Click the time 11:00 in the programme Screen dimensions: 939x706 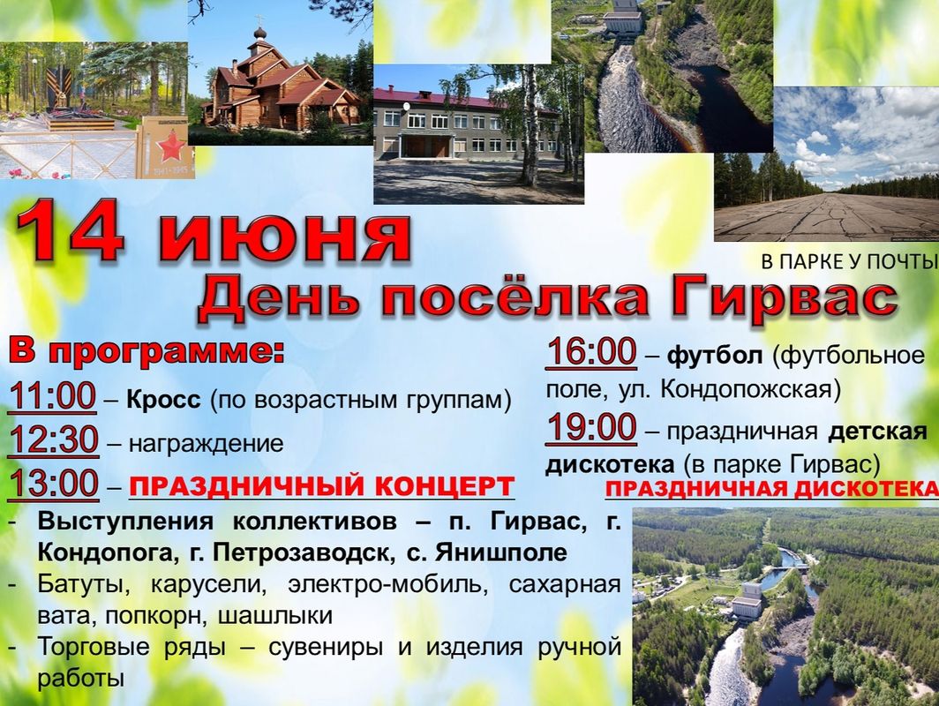point(53,396)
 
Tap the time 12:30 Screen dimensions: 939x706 point(54,440)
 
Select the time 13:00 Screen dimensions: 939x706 point(53,484)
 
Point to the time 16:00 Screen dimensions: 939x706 point(591,351)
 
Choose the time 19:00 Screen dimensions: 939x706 point(591,428)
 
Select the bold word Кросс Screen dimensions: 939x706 point(163,400)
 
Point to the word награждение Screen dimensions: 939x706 point(206,444)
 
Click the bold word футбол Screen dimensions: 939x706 point(715,356)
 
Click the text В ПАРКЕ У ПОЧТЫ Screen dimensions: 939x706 point(849,262)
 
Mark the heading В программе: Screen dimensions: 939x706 point(146,351)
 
